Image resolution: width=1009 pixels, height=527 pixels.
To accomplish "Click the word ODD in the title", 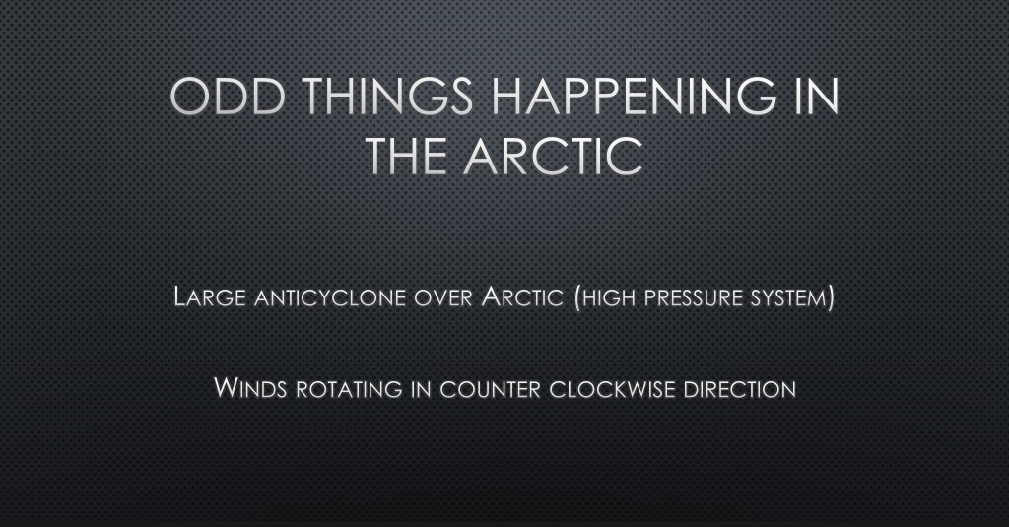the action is point(228,97).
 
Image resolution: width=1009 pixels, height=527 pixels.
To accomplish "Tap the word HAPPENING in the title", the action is point(634,97).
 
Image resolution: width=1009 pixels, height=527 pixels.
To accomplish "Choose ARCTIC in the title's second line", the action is point(554,156).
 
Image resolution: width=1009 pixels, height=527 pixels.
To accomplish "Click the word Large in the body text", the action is point(210,297).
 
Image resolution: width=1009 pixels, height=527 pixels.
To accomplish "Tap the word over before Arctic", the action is point(442,298).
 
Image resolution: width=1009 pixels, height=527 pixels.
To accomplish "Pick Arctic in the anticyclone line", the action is point(522,297).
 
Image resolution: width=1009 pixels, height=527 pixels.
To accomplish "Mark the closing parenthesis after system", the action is point(831,297).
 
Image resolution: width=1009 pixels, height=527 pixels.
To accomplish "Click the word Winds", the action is point(250,388).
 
